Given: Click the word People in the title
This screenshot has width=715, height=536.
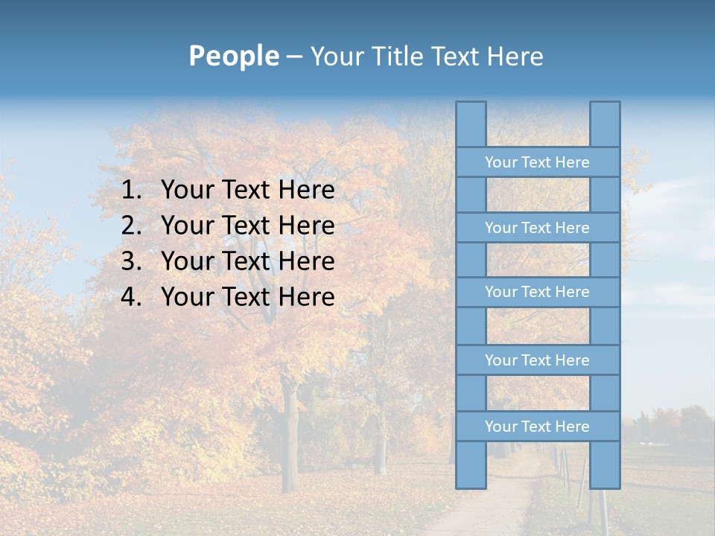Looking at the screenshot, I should coord(232,56).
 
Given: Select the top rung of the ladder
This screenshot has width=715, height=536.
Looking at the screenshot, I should coord(537,162).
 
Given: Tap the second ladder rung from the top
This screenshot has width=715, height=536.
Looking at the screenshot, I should coord(537,228).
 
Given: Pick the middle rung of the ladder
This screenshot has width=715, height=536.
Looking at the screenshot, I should coord(537,292).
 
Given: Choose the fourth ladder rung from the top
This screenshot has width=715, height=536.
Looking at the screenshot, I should coord(537,360).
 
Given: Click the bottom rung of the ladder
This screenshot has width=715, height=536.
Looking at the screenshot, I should coord(537,427).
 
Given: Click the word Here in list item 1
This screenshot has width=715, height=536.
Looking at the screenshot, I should coord(306,191).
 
